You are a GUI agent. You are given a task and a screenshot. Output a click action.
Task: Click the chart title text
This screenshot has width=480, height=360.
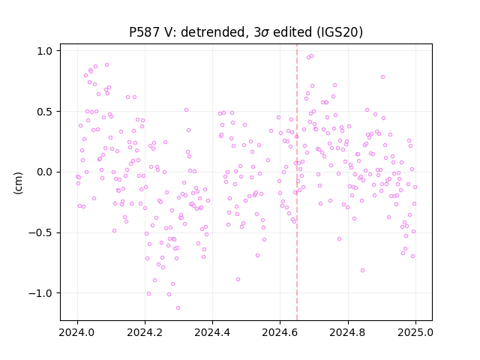coord(246,32)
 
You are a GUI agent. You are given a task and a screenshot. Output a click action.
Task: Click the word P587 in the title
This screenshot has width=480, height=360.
coord(144,32)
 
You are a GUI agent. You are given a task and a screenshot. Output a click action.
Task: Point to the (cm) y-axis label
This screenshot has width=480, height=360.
coord(18,183)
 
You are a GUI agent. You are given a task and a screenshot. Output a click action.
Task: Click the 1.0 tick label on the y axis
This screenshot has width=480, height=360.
coord(45,51)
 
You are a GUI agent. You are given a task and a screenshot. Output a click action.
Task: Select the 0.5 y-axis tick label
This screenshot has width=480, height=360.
coord(45,112)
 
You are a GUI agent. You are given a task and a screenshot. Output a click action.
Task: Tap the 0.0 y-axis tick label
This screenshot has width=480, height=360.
coord(45,172)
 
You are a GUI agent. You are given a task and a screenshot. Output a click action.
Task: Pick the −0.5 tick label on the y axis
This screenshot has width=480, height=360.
coord(40,233)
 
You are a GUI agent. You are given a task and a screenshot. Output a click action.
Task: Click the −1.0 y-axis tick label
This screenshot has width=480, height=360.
coord(40,293)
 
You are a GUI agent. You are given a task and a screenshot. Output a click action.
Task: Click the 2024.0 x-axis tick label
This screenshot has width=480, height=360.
coord(77,332)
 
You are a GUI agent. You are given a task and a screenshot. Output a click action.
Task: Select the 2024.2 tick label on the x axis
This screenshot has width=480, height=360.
coord(145,332)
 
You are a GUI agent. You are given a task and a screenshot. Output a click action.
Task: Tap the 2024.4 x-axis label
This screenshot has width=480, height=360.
coord(212,332)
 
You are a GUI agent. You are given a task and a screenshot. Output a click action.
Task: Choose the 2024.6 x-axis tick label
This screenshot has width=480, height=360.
coord(280,332)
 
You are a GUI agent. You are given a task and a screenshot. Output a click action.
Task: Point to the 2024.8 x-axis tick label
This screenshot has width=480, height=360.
coord(348,332)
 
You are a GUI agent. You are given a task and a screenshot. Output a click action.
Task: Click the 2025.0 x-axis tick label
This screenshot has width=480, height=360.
coord(415,332)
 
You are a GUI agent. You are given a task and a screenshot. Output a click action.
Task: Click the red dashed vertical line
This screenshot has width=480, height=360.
coord(297,182)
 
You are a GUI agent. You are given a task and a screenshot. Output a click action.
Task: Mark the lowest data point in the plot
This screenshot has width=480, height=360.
coord(178,308)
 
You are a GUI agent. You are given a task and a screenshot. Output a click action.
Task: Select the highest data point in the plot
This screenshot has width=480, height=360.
coord(312,56)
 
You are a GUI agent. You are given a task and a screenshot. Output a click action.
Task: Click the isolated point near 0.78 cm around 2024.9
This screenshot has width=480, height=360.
coord(382,77)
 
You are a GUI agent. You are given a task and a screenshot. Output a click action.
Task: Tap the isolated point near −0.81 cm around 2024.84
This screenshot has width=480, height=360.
coord(362,270)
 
